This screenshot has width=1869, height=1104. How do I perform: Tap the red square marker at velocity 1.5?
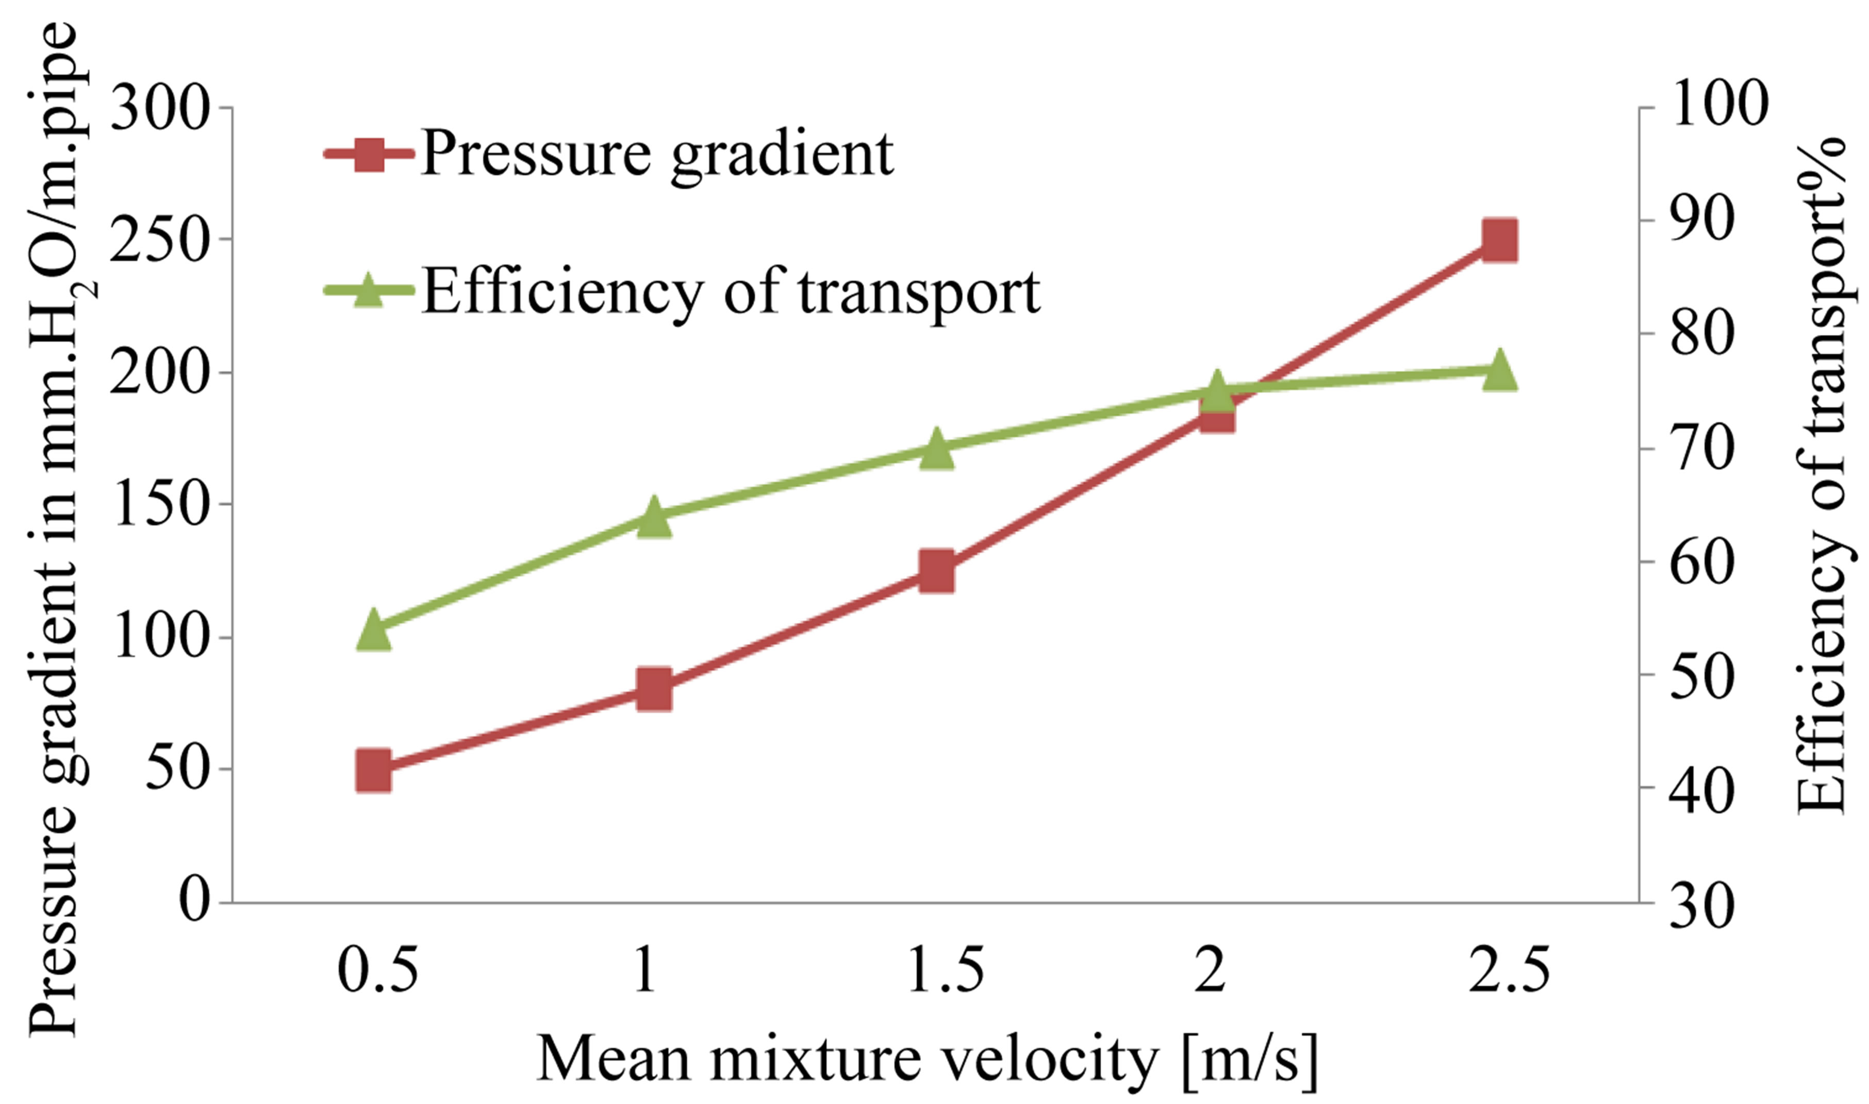tap(936, 571)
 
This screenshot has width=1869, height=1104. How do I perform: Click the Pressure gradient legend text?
tap(656, 154)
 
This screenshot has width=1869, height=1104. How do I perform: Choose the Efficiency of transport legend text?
tap(731, 292)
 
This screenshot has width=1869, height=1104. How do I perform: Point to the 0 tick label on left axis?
tap(195, 902)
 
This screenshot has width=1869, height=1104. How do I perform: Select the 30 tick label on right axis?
tap(1701, 907)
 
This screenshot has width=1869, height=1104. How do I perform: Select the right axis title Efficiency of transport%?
tap(1822, 476)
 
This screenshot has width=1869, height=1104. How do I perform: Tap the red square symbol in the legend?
tap(369, 155)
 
